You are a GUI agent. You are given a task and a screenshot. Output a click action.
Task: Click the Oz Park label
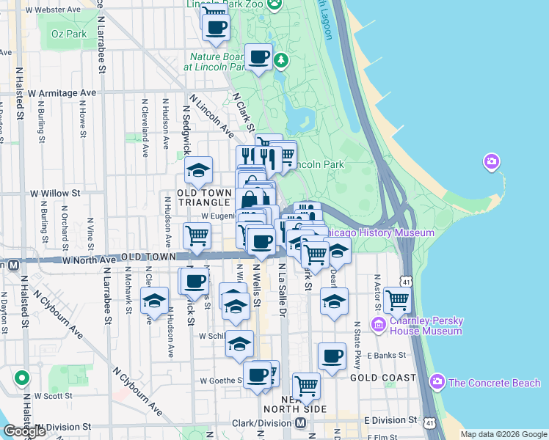(x=70, y=34)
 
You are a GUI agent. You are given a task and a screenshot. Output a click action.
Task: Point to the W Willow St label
(x=54, y=194)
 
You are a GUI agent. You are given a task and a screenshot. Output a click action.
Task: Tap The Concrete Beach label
(x=493, y=382)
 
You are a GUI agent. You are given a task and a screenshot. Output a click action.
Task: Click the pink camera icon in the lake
(x=492, y=161)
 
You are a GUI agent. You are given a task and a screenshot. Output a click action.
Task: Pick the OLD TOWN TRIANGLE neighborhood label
(x=205, y=197)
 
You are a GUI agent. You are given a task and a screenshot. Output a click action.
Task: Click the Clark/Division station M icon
(x=300, y=423)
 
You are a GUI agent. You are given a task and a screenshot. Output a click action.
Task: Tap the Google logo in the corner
(x=24, y=432)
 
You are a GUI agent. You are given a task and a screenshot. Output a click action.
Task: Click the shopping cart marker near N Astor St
(x=397, y=299)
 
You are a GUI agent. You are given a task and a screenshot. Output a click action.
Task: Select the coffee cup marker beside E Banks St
(x=332, y=356)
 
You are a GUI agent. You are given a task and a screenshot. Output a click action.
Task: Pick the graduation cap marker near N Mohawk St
(x=154, y=301)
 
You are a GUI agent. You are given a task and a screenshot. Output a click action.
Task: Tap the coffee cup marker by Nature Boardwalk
(x=258, y=56)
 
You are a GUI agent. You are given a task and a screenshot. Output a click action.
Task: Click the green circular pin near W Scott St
(x=22, y=378)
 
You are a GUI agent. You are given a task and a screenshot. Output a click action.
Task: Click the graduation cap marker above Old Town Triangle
(x=198, y=170)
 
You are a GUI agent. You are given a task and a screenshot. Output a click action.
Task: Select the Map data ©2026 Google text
(x=503, y=434)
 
